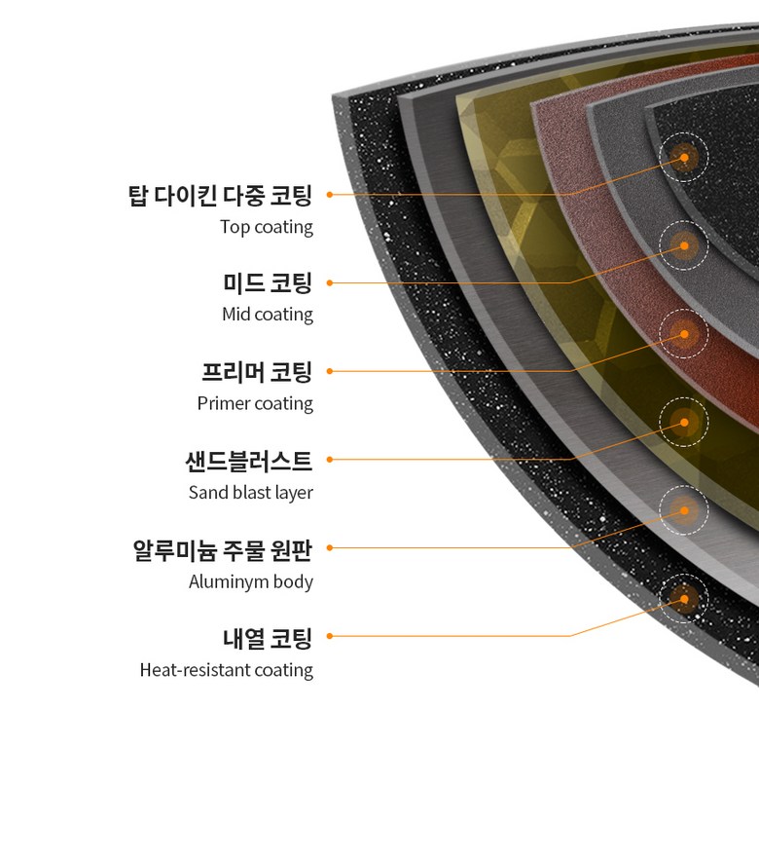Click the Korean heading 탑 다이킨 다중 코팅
pos(221,195)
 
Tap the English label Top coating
pos(267,227)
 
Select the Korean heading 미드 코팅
pos(268,283)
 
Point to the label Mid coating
pos(268,315)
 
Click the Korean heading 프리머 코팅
pos(257,372)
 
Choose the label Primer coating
pos(255,403)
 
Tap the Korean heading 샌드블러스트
pos(249,460)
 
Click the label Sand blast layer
pos(251,493)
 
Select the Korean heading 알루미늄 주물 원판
pos(223,549)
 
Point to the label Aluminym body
pos(251,582)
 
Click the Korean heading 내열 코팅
pos(268,639)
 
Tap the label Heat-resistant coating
pos(227,670)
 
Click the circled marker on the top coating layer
pos(684,157)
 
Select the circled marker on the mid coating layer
pos(684,245)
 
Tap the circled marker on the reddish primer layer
pos(684,334)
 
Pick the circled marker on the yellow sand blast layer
pos(684,423)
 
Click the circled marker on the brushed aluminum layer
pos(684,510)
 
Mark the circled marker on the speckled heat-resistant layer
pos(684,599)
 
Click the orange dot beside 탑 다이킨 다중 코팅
pos(330,195)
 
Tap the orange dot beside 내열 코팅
pos(330,636)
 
